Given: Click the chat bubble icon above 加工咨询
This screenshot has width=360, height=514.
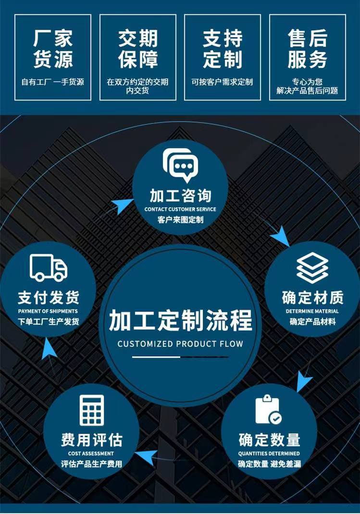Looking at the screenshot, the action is pyautogui.click(x=181, y=165).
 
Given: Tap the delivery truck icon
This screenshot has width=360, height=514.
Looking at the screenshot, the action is pyautogui.click(x=49, y=268).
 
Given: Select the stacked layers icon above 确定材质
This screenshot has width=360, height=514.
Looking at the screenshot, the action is pyautogui.click(x=312, y=268).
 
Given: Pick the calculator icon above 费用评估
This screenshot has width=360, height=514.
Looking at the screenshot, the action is pyautogui.click(x=92, y=410).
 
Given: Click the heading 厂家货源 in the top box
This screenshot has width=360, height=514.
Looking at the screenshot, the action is pyautogui.click(x=53, y=49).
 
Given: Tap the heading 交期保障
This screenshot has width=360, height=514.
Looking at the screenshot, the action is pyautogui.click(x=138, y=49).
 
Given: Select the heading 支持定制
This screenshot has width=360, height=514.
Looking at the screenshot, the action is pyautogui.click(x=223, y=49).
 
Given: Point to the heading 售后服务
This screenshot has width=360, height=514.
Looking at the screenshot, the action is pyautogui.click(x=307, y=49).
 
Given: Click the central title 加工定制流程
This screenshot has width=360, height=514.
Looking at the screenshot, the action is pyautogui.click(x=181, y=320).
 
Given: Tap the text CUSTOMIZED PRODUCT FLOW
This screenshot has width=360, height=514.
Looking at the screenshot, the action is pyautogui.click(x=181, y=344).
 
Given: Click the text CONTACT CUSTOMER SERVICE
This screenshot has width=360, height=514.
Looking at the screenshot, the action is pyautogui.click(x=180, y=209).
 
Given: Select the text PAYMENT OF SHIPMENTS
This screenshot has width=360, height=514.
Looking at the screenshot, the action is pyautogui.click(x=48, y=311).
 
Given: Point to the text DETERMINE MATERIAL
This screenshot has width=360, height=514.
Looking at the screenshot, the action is pyautogui.click(x=312, y=311).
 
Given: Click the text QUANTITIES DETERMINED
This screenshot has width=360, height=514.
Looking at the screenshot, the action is pyautogui.click(x=269, y=453).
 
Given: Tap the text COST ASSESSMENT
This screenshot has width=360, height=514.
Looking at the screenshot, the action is pyautogui.click(x=91, y=453).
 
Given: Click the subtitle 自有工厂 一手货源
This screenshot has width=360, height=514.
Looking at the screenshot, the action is pyautogui.click(x=53, y=82).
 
